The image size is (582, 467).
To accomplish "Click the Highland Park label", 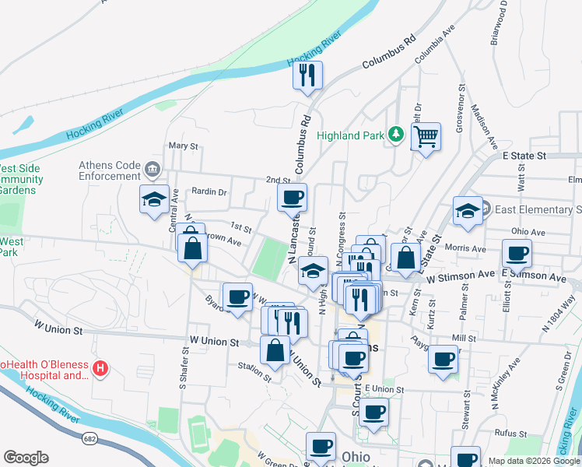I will (x=349, y=135).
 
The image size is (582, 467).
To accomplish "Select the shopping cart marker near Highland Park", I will (x=426, y=138).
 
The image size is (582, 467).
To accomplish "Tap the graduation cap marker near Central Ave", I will (x=154, y=198).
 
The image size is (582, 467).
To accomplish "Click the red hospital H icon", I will (x=99, y=368).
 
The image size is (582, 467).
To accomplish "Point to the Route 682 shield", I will (x=89, y=440).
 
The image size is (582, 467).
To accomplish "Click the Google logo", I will (x=26, y=458).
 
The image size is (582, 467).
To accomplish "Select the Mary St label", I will (x=184, y=146).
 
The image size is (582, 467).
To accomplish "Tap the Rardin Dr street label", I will (x=209, y=191).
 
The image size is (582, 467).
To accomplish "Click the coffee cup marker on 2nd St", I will (x=293, y=198).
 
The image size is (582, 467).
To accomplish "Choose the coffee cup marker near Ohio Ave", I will (x=517, y=252).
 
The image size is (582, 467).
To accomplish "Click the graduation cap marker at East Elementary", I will (x=468, y=210).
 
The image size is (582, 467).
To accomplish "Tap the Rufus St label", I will (x=510, y=433).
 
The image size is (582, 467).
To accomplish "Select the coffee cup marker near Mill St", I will (x=444, y=360).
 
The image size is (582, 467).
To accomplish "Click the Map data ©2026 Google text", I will (x=533, y=461).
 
